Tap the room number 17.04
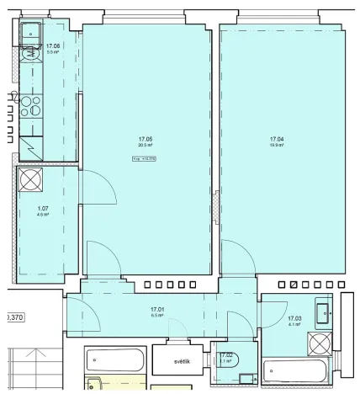pos(277,139)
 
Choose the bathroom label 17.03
pos(294,318)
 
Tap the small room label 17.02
pos(225,355)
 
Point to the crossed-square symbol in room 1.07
pos(29,179)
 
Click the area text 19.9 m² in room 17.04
pos(277,146)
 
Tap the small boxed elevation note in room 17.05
pos(146,157)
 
